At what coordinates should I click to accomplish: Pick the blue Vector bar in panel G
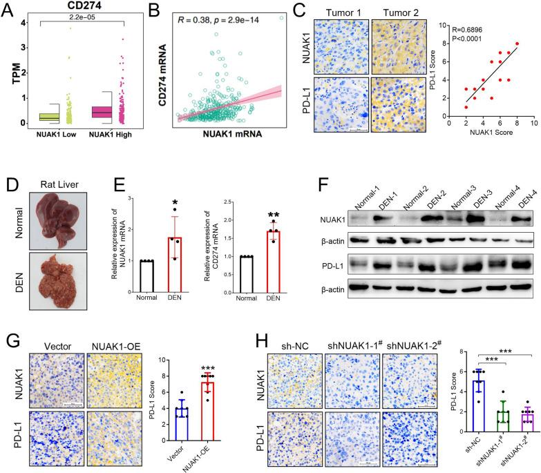(182, 423)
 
